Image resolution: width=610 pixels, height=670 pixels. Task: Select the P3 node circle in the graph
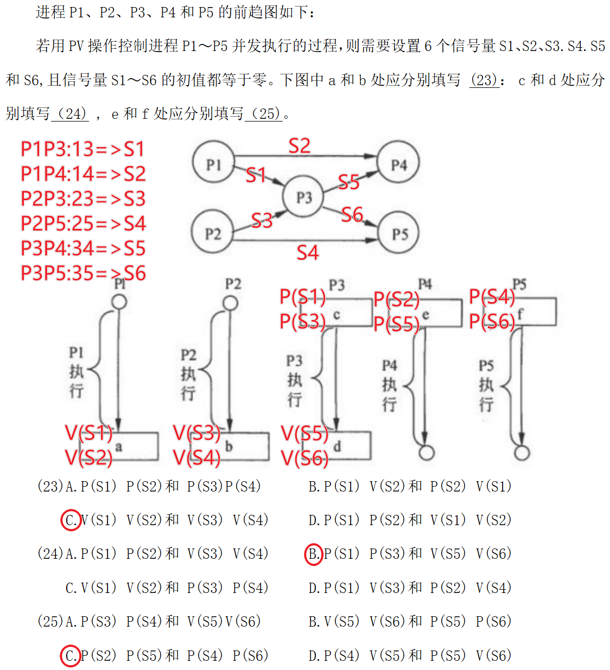click(x=304, y=197)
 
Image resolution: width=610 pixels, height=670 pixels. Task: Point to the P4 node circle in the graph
click(x=399, y=163)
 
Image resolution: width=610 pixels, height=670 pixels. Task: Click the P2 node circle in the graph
click(x=213, y=233)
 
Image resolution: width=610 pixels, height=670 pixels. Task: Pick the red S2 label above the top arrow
click(x=300, y=146)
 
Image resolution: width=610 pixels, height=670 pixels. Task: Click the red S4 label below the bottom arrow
click(x=308, y=252)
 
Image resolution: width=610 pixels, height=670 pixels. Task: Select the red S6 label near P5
click(x=352, y=215)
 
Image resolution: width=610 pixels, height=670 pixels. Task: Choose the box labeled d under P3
click(x=347, y=446)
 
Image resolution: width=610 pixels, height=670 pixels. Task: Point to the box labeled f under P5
click(x=535, y=312)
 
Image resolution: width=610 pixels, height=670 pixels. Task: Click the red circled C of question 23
click(x=71, y=520)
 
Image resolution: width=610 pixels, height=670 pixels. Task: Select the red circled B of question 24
click(x=314, y=554)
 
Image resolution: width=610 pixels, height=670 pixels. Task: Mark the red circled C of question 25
click(x=71, y=655)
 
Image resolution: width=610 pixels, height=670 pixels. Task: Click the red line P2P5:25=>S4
click(x=83, y=224)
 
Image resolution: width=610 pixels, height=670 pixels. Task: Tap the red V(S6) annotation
click(x=304, y=458)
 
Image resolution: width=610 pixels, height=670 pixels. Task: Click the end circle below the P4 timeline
click(x=427, y=452)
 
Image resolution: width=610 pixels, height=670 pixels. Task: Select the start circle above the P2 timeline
click(x=230, y=303)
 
